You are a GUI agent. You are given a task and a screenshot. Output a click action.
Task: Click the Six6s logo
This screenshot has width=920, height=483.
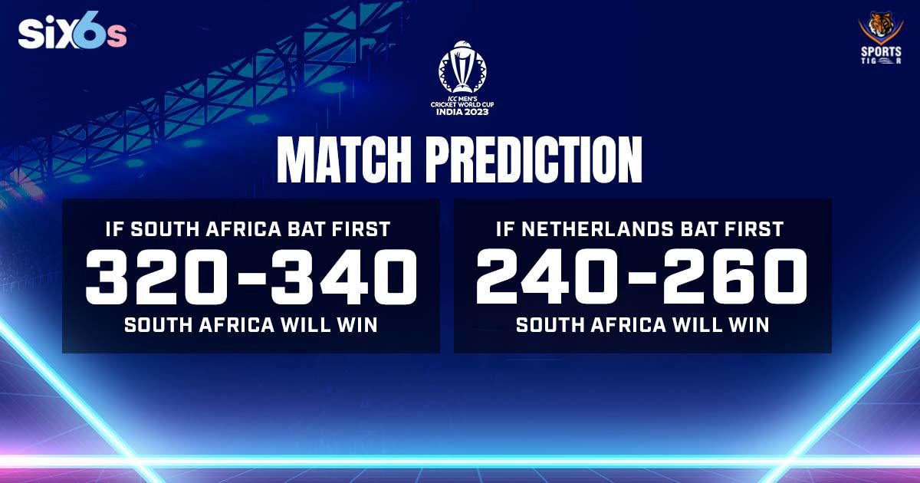(73, 34)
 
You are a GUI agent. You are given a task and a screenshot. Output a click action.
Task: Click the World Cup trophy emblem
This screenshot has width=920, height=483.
(461, 67)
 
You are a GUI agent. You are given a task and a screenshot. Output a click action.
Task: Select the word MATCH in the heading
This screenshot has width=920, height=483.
(346, 162)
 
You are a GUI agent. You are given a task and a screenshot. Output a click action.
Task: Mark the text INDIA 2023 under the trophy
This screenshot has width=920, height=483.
(461, 111)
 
